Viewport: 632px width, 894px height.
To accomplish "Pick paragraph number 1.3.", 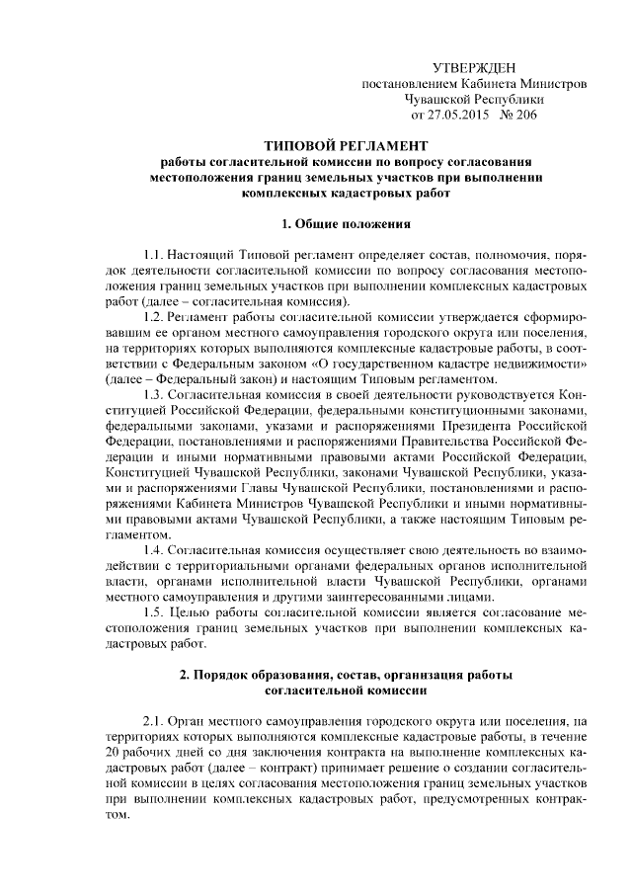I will point(155,394).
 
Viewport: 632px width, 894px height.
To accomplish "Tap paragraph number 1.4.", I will point(155,549).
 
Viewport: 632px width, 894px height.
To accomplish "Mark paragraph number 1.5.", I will point(155,612).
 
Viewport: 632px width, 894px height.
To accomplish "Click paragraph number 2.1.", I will point(155,723).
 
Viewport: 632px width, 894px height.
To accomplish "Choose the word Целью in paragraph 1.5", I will point(198,612).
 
